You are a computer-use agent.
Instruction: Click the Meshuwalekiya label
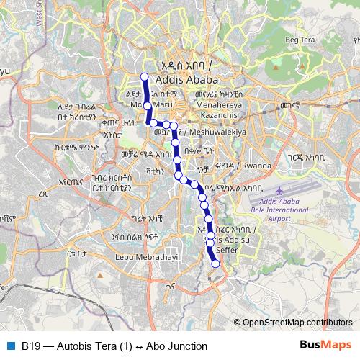coord(218,132)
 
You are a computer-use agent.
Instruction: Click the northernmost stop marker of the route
coord(144,77)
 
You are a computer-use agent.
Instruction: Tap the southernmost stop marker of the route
coord(215,264)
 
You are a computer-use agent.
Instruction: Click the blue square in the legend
coord(10,346)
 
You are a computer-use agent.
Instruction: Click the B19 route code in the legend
coord(30,346)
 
